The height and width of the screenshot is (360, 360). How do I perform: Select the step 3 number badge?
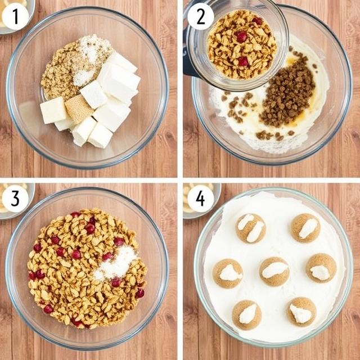click(15, 199)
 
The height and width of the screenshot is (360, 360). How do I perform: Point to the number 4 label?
click(200, 199)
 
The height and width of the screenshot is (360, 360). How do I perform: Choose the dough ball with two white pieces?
click(250, 228)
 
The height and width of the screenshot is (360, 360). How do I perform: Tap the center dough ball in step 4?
click(274, 271)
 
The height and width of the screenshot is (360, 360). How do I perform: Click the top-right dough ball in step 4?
click(306, 228)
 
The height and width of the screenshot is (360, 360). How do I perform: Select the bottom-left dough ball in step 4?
click(246, 314)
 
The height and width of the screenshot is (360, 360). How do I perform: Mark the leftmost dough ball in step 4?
click(228, 273)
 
